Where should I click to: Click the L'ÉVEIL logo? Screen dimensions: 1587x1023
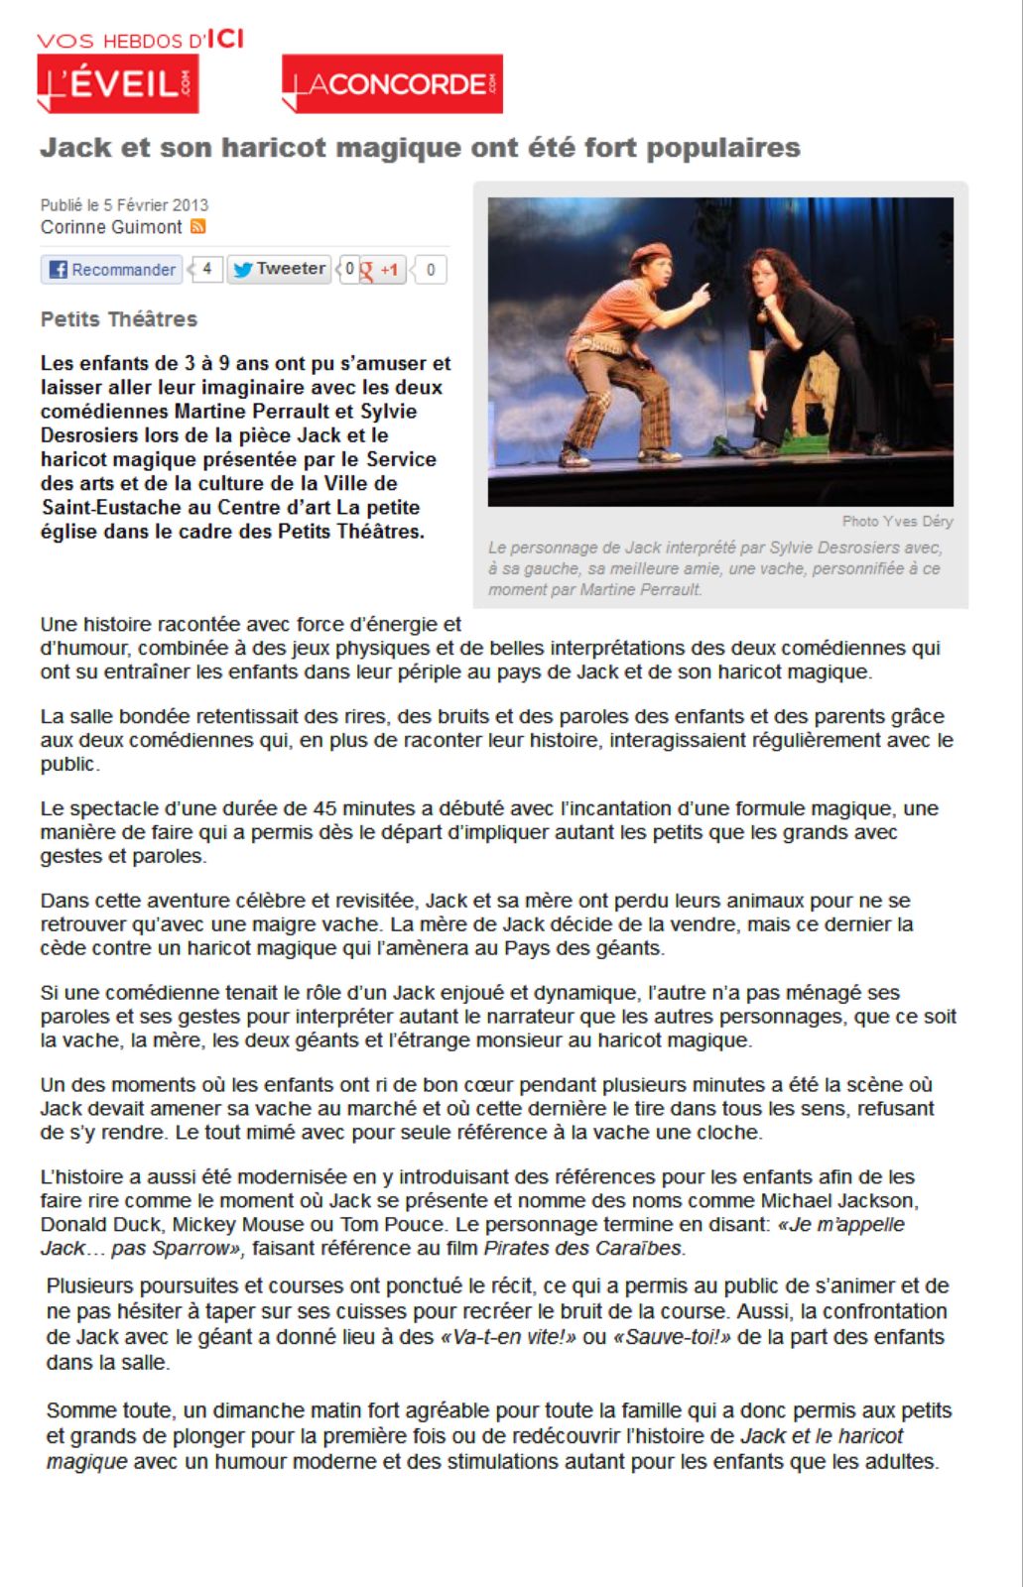click(x=117, y=83)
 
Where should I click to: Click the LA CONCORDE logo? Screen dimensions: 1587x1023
click(x=392, y=83)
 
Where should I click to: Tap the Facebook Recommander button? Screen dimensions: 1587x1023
click(x=112, y=270)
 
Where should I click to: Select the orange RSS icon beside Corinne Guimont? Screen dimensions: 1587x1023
click(x=198, y=227)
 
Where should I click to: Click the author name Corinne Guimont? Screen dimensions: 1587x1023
click(x=111, y=227)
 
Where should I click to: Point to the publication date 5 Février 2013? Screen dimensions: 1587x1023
click(x=156, y=205)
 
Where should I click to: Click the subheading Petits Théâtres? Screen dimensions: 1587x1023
click(x=119, y=319)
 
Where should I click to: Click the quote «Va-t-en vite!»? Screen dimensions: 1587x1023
click(x=507, y=1337)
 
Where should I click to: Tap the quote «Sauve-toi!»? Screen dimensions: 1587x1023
click(x=673, y=1337)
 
